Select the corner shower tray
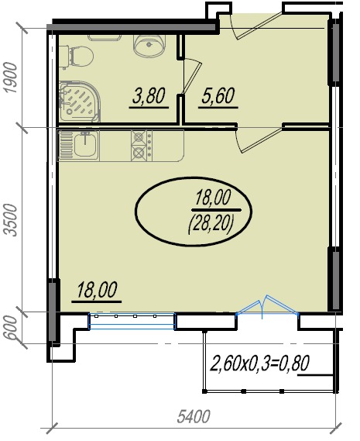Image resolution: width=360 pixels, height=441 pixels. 80,102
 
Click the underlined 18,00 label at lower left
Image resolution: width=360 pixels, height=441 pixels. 97,291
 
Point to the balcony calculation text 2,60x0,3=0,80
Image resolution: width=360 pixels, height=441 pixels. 260,363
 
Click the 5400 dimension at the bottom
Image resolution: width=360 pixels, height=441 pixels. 194,416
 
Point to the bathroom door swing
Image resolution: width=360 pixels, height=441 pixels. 191,76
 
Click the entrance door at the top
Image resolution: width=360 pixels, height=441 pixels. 255,26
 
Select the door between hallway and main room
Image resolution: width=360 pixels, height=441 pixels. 259,140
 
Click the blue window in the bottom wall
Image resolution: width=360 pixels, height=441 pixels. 132,321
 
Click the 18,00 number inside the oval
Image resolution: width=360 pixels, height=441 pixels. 213,198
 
